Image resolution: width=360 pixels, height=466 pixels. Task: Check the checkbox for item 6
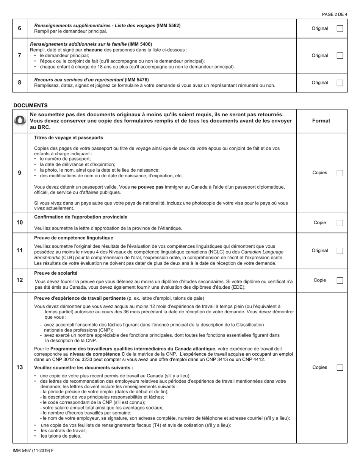(340, 28)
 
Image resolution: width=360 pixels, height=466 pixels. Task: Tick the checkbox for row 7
(340, 55)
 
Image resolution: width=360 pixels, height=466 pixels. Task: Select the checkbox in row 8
(340, 83)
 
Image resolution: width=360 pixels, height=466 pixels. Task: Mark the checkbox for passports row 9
(340, 173)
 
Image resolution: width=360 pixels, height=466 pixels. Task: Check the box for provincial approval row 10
(340, 223)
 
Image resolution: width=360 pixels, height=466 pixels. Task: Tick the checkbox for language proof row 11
(340, 251)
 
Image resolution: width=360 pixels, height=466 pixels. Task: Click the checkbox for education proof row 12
(340, 280)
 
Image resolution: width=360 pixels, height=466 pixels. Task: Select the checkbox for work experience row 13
(340, 367)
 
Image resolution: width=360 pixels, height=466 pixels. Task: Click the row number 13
(20, 367)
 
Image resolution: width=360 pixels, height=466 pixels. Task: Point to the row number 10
(20, 222)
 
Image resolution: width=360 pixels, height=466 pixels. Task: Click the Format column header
(321, 121)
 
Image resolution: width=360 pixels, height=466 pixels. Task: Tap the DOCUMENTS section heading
(30, 105)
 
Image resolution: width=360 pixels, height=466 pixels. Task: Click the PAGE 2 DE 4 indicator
(334, 14)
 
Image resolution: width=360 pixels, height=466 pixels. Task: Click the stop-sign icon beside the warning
(20, 120)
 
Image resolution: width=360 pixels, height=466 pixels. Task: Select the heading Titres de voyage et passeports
(69, 138)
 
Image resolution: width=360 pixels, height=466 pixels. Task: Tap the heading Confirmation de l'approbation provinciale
(81, 217)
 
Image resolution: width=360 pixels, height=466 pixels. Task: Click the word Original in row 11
(320, 250)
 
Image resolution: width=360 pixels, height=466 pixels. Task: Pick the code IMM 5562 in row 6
(168, 25)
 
